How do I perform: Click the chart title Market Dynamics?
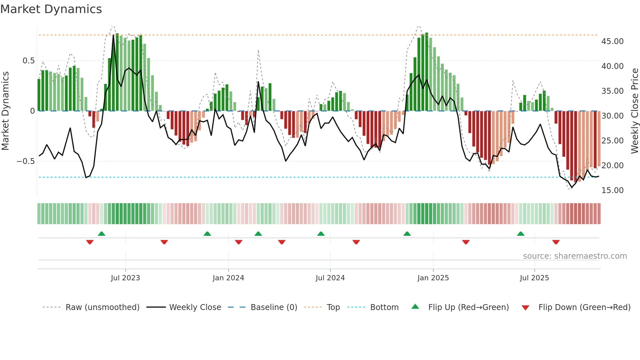point(51,9)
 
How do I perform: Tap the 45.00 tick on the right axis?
point(612,41)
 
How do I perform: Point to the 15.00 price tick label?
point(612,190)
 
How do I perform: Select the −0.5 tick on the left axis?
point(25,161)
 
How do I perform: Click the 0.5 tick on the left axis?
point(28,61)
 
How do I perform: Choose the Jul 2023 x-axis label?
point(125,278)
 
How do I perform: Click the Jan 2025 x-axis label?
point(433,278)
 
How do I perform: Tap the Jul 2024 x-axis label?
point(330,278)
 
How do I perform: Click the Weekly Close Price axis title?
point(634,111)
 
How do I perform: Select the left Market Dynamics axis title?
point(6,111)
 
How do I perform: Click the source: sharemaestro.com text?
point(575,256)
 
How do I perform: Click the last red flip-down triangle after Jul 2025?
point(556,242)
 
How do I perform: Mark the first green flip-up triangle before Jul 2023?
point(102,234)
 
